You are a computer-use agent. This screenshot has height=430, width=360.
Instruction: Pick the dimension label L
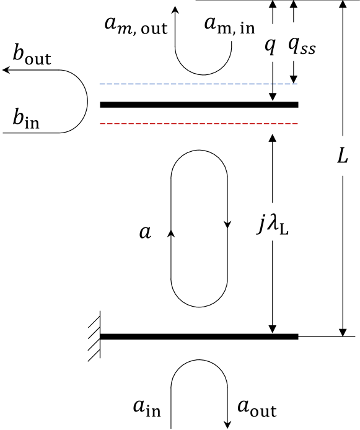click(x=341, y=156)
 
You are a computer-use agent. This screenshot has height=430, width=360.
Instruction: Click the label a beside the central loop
click(x=146, y=232)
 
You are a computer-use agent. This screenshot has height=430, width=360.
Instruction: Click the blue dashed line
click(x=198, y=84)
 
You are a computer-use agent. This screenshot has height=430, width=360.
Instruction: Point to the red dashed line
click(x=198, y=123)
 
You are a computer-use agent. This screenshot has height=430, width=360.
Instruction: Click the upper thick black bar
click(x=198, y=105)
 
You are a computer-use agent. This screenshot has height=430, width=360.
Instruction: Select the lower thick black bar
click(x=198, y=336)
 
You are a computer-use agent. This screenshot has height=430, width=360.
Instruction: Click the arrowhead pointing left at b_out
click(x=6, y=71)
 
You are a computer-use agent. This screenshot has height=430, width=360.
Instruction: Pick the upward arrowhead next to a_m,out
click(x=175, y=11)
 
